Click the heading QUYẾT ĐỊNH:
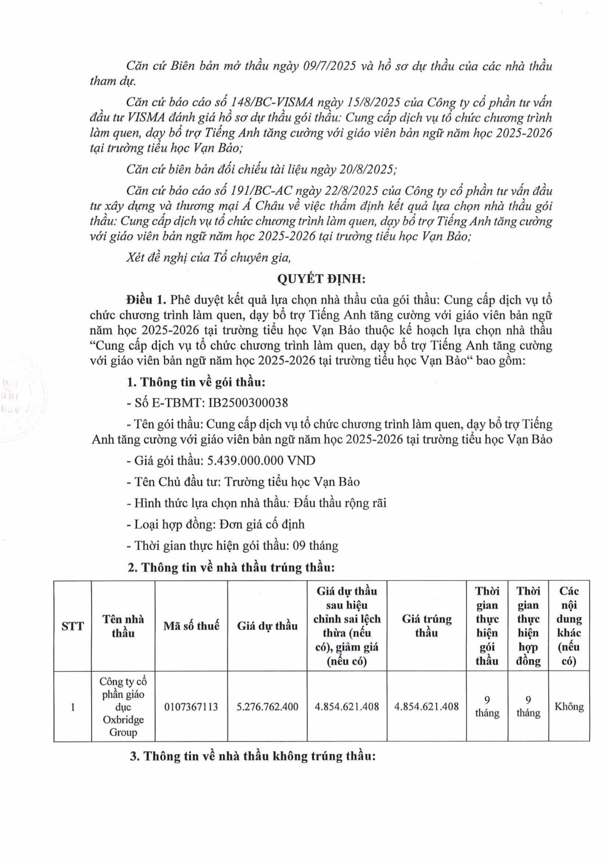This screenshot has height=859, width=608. coord(321,279)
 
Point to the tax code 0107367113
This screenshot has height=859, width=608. coord(191,707)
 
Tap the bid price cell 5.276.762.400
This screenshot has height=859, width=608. coord(267,707)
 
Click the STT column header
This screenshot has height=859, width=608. coord(73,626)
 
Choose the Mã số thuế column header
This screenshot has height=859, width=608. coord(191,626)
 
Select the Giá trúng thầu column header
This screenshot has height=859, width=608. coord(426,626)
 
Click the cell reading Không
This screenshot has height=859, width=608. coord(568,707)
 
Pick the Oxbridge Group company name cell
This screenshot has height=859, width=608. coord(123,707)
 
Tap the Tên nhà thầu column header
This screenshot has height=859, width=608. coord(123,626)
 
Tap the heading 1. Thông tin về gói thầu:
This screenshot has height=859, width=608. coord(196,382)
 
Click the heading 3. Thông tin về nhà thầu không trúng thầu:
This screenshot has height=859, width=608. coord(253,756)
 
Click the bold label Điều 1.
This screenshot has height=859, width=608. coord(146,300)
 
